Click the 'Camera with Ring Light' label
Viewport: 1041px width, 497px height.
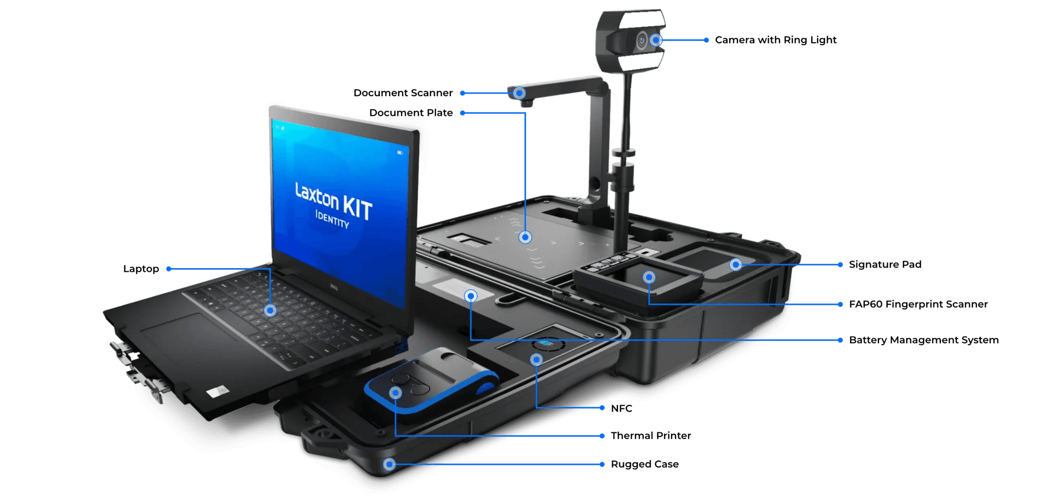(775, 40)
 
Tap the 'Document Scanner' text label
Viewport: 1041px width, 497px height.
(403, 93)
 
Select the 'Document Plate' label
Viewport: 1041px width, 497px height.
(411, 113)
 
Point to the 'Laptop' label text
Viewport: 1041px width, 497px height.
(141, 269)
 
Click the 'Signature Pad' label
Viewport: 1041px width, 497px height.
(885, 264)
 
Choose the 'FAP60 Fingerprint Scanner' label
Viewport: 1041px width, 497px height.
(918, 304)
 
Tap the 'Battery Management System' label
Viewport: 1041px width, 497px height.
(924, 340)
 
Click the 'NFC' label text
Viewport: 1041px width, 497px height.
(622, 408)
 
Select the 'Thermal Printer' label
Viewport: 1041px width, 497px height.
(651, 436)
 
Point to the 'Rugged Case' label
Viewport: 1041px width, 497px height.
(645, 464)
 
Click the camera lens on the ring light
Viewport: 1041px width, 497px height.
(642, 41)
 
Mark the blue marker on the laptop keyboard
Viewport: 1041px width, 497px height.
(270, 310)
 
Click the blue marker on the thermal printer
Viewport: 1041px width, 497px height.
(396, 393)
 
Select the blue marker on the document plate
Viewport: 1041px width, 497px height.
(525, 237)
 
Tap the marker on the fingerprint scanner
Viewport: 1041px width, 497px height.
(649, 277)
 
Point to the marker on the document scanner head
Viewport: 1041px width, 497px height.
(519, 93)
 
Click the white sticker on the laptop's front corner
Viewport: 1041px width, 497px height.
(217, 392)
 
